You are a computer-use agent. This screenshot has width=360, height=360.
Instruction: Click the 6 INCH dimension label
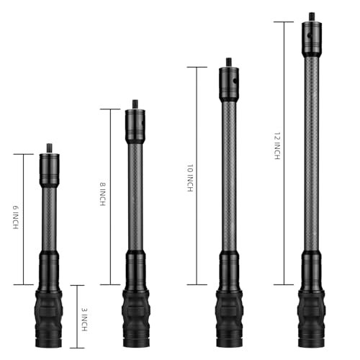click(x=15, y=218)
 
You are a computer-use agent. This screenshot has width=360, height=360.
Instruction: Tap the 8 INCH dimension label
click(x=103, y=195)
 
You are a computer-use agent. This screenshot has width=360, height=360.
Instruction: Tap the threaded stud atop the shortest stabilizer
click(x=50, y=148)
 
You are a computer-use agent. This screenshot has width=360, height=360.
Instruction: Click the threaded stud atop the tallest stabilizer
click(x=312, y=16)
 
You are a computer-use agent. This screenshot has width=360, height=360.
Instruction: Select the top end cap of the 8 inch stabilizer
click(x=135, y=126)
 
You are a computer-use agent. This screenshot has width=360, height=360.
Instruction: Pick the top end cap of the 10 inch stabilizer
click(x=229, y=84)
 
